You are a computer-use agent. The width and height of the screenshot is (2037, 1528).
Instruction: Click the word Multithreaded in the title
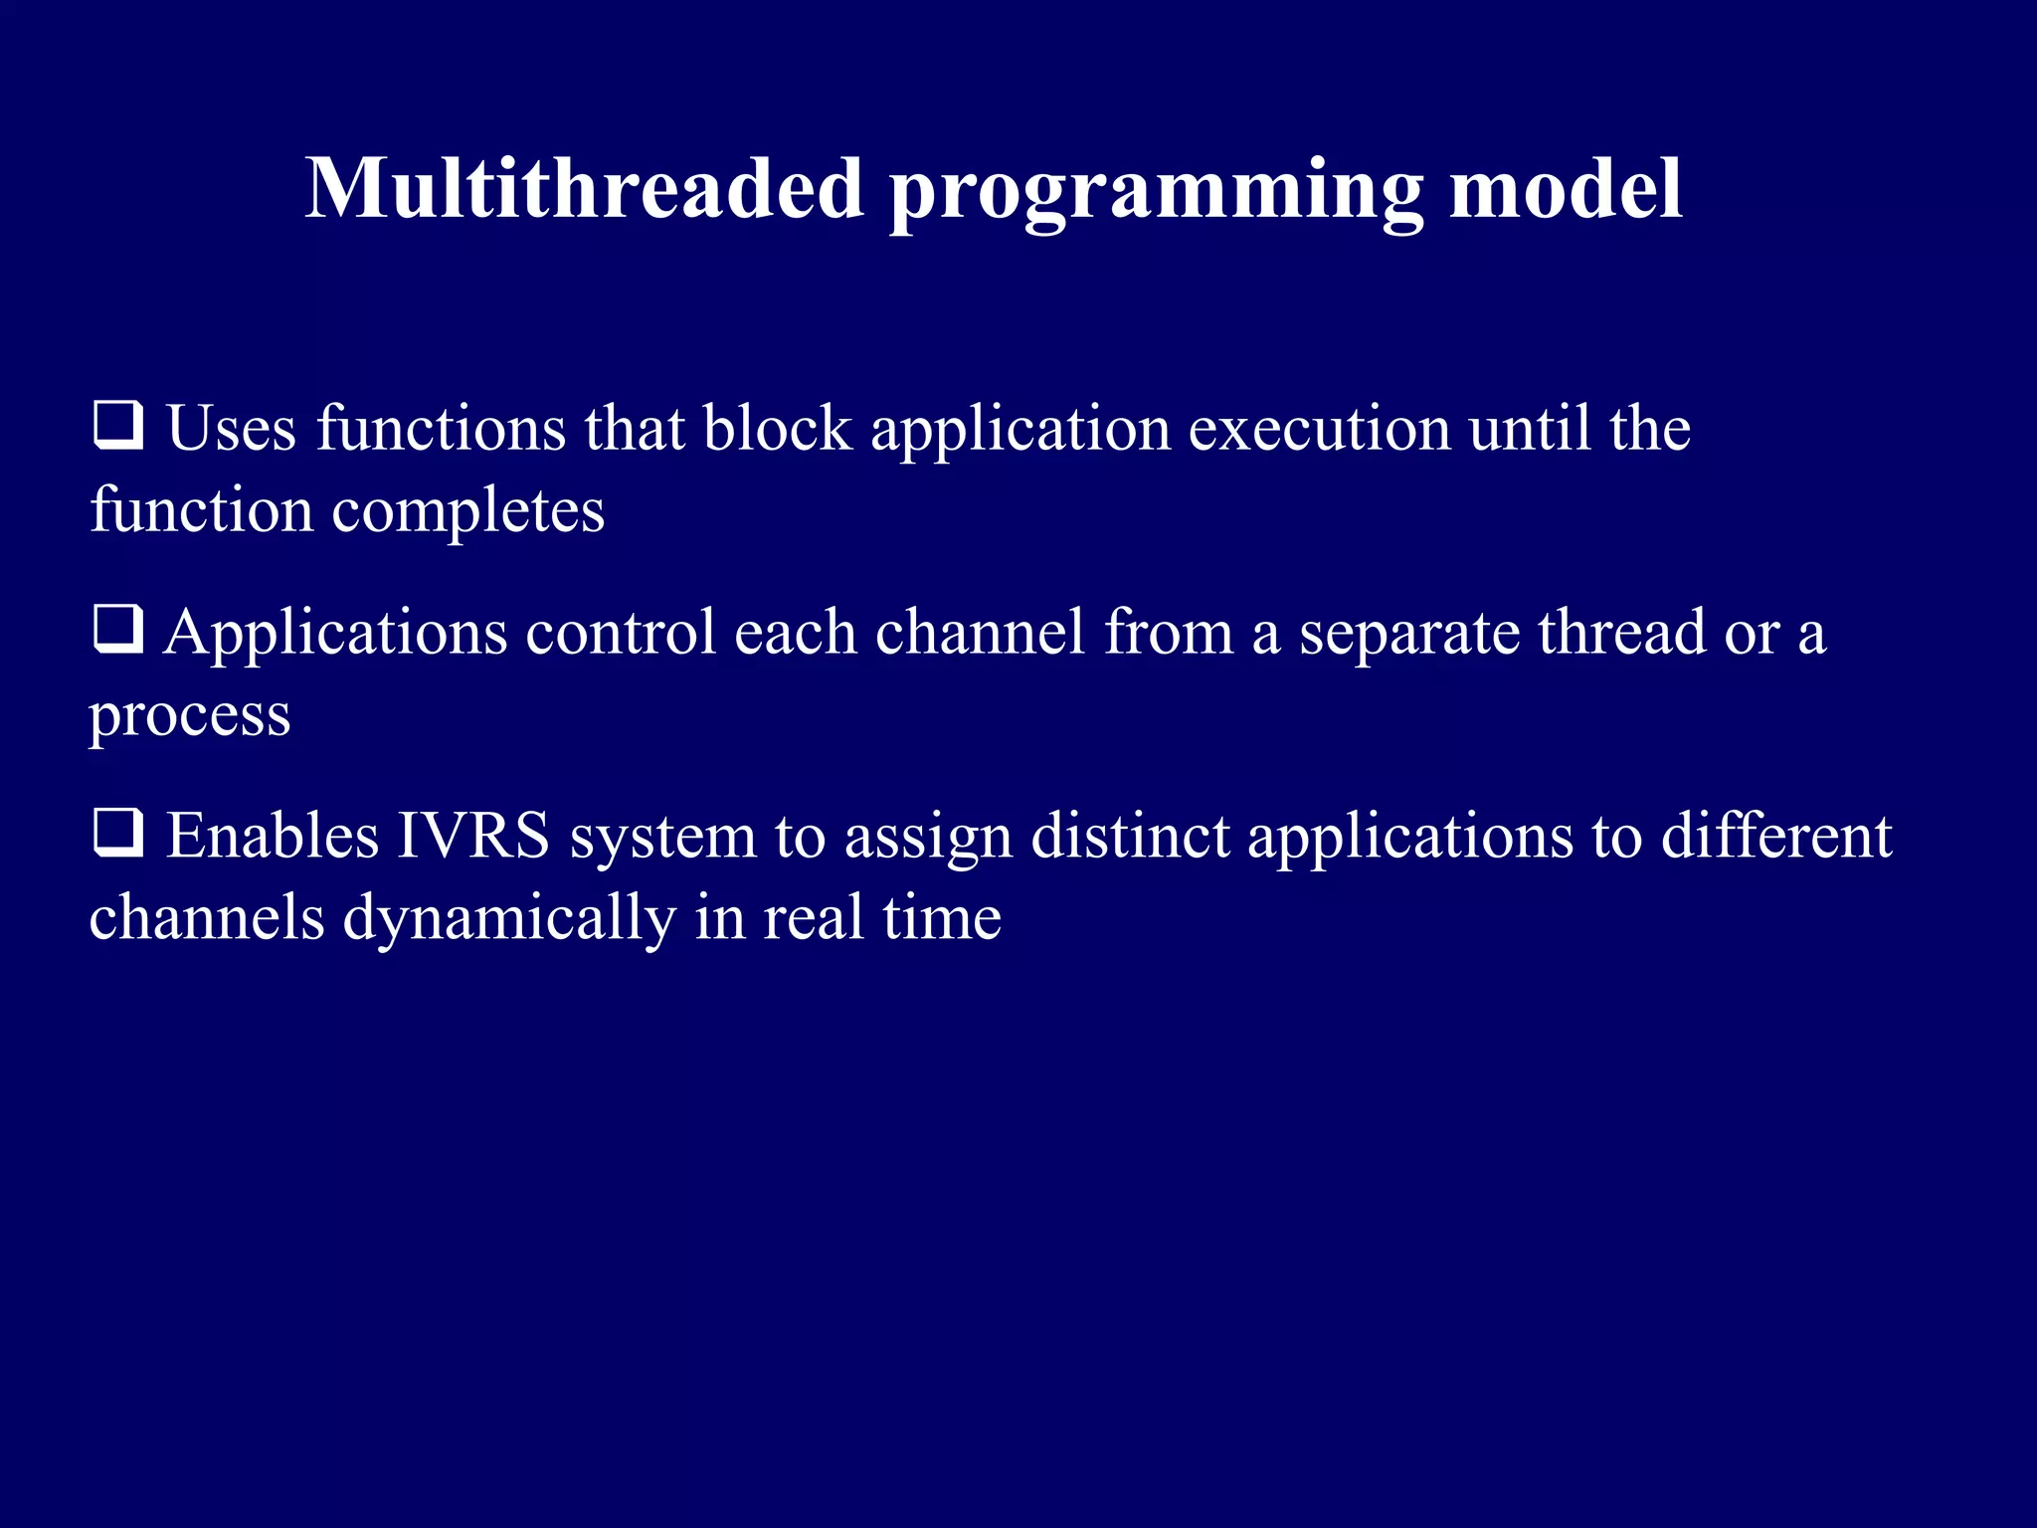584,189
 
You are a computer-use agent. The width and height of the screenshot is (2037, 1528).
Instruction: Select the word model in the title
1566,189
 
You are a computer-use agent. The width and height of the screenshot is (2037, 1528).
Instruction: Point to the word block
777,429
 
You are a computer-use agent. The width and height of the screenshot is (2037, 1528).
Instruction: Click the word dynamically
509,920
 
